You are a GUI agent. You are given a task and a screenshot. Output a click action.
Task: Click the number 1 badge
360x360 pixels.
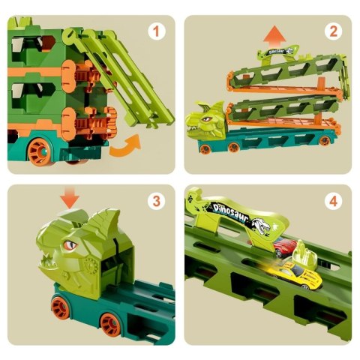[x=157, y=32]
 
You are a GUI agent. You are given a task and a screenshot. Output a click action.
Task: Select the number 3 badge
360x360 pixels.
[x=157, y=202]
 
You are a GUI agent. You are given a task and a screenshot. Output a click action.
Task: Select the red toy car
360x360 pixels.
[x=283, y=248]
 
